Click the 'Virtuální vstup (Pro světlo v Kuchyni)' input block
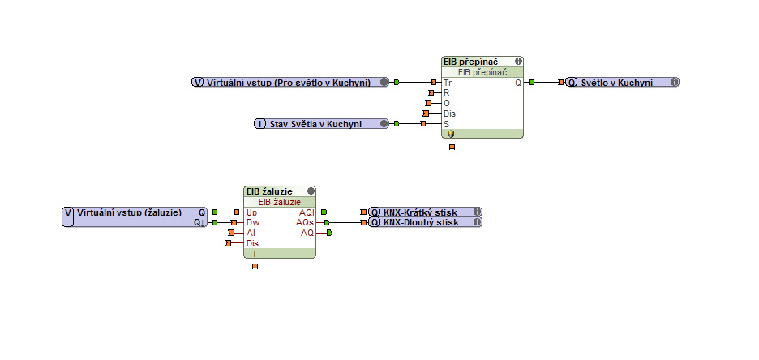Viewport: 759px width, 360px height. coord(288,83)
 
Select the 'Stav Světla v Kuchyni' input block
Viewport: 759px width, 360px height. coord(315,124)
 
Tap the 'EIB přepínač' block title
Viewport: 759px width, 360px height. coord(470,62)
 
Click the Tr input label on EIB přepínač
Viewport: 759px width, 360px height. coord(448,83)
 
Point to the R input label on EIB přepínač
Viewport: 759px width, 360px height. coord(446,92)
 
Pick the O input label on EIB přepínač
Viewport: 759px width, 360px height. coord(446,103)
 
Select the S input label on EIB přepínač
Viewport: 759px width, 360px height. coord(446,124)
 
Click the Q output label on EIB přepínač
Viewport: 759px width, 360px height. coord(517,83)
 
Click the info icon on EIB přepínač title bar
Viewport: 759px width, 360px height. coord(517,62)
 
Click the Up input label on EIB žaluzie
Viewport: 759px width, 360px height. coord(251,212)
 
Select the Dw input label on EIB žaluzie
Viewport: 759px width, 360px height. coord(252,222)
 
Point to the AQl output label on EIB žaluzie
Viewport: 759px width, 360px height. coord(306,212)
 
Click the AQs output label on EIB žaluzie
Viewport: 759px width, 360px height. coord(305,222)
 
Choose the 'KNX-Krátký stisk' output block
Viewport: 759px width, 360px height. coord(421,212)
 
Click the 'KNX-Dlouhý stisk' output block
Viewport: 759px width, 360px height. coord(421,222)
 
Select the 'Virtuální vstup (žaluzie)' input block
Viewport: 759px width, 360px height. coord(129,212)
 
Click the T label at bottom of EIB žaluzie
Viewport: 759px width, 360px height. coord(255,254)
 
